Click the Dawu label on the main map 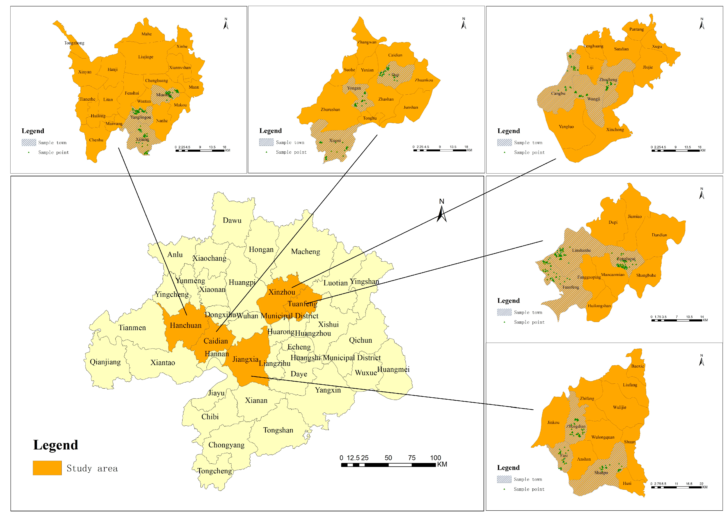232,220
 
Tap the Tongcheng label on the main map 215,471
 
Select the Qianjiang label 105,362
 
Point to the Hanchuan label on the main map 186,325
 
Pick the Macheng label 305,252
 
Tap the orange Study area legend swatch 47,468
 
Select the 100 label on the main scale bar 435,458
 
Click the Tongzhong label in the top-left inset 74,43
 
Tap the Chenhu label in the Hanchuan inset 96,140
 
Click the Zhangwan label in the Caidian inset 367,42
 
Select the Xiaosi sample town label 335,140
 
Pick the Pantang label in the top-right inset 636,29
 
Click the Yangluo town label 566,127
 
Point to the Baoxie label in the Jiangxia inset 637,366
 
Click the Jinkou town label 553,422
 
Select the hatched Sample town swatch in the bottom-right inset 504,479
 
